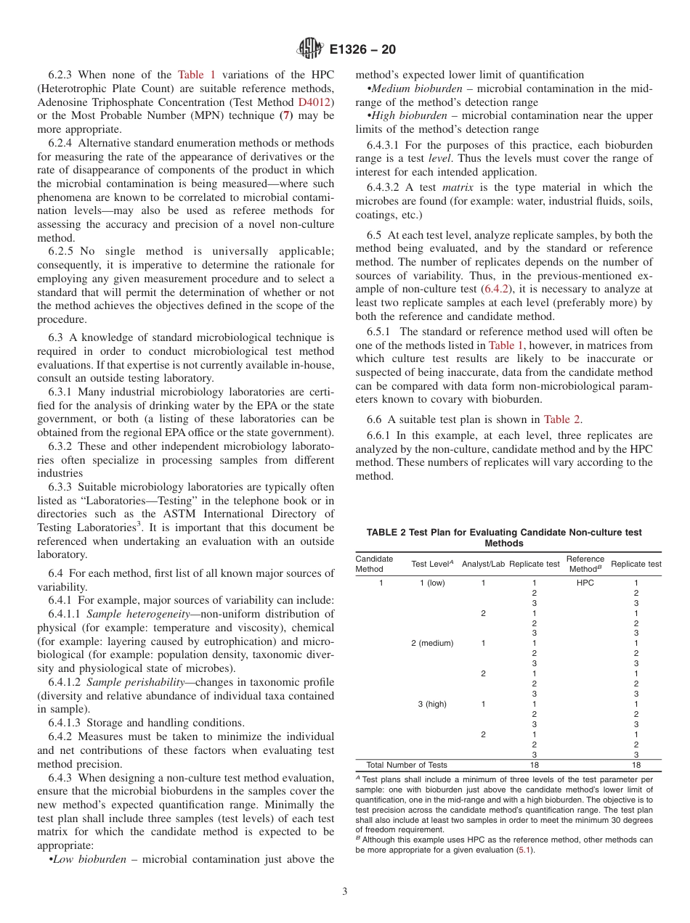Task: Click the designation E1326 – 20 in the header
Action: tap(362, 50)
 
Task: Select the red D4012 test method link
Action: tap(316, 102)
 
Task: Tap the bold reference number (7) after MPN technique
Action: tap(288, 116)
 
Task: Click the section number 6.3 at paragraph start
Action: tap(56, 337)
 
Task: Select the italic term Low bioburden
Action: tap(89, 859)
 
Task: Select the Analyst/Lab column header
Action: tap(484, 564)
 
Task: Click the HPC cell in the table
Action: tap(585, 583)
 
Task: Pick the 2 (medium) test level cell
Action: tap(432, 643)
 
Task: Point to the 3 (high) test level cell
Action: tap(432, 704)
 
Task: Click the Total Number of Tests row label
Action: tap(407, 765)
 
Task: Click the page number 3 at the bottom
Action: tap(345, 892)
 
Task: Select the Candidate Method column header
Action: tap(374, 564)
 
